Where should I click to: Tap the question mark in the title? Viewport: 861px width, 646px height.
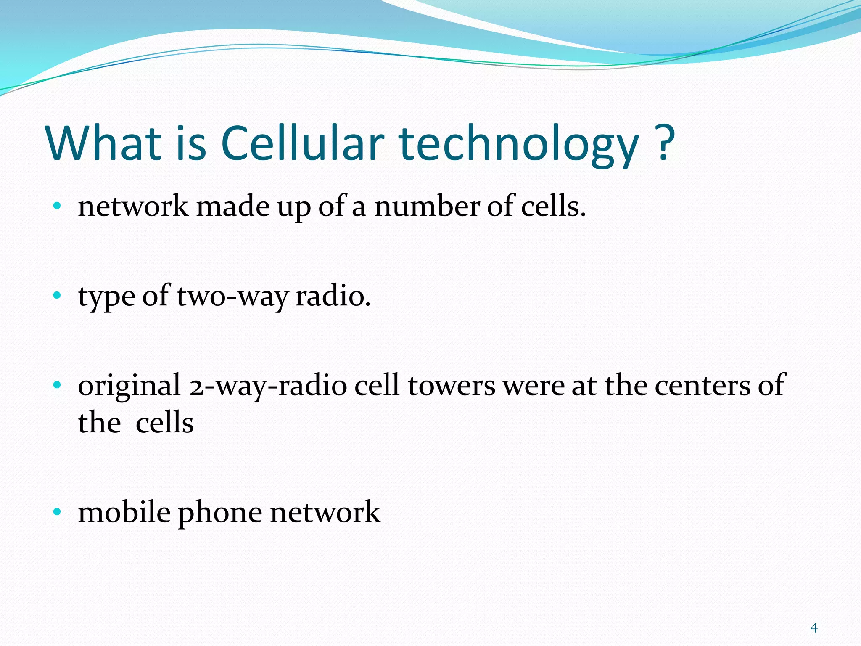tap(664, 143)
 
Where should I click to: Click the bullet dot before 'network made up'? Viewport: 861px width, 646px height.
tap(57, 206)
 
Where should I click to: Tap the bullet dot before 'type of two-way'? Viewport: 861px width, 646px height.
tap(57, 296)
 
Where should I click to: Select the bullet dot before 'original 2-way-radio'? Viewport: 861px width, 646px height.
tap(57, 385)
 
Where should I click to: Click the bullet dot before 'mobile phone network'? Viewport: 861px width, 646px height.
tap(57, 512)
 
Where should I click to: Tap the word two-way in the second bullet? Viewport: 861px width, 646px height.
tap(232, 297)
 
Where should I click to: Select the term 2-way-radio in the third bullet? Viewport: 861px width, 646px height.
tap(268, 386)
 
